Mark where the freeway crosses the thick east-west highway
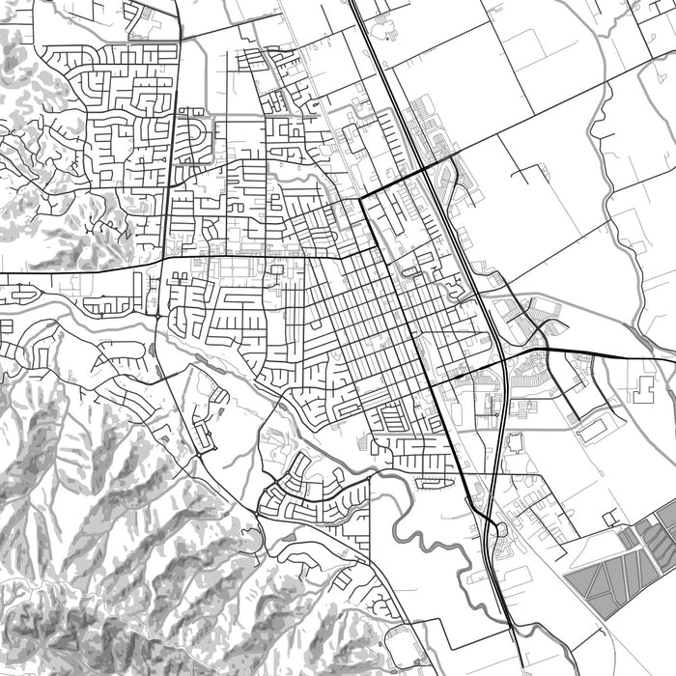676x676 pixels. pos(503,360)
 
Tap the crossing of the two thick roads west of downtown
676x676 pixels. pos(166,259)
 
